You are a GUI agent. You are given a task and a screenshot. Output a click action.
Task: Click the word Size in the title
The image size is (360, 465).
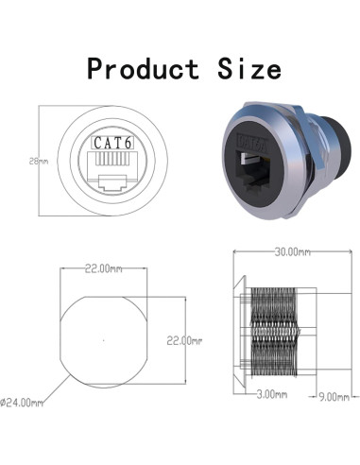click(x=243, y=68)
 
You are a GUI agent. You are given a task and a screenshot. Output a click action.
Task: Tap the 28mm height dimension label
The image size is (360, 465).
click(x=39, y=162)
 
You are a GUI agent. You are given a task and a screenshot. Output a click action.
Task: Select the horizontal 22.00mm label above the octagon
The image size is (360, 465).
click(x=105, y=269)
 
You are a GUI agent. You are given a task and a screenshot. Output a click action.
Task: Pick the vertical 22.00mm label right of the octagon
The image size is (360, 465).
click(x=186, y=339)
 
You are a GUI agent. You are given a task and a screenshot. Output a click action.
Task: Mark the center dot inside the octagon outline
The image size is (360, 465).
click(x=104, y=339)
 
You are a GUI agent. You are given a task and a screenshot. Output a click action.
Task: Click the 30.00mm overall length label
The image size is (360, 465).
click(x=291, y=253)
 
